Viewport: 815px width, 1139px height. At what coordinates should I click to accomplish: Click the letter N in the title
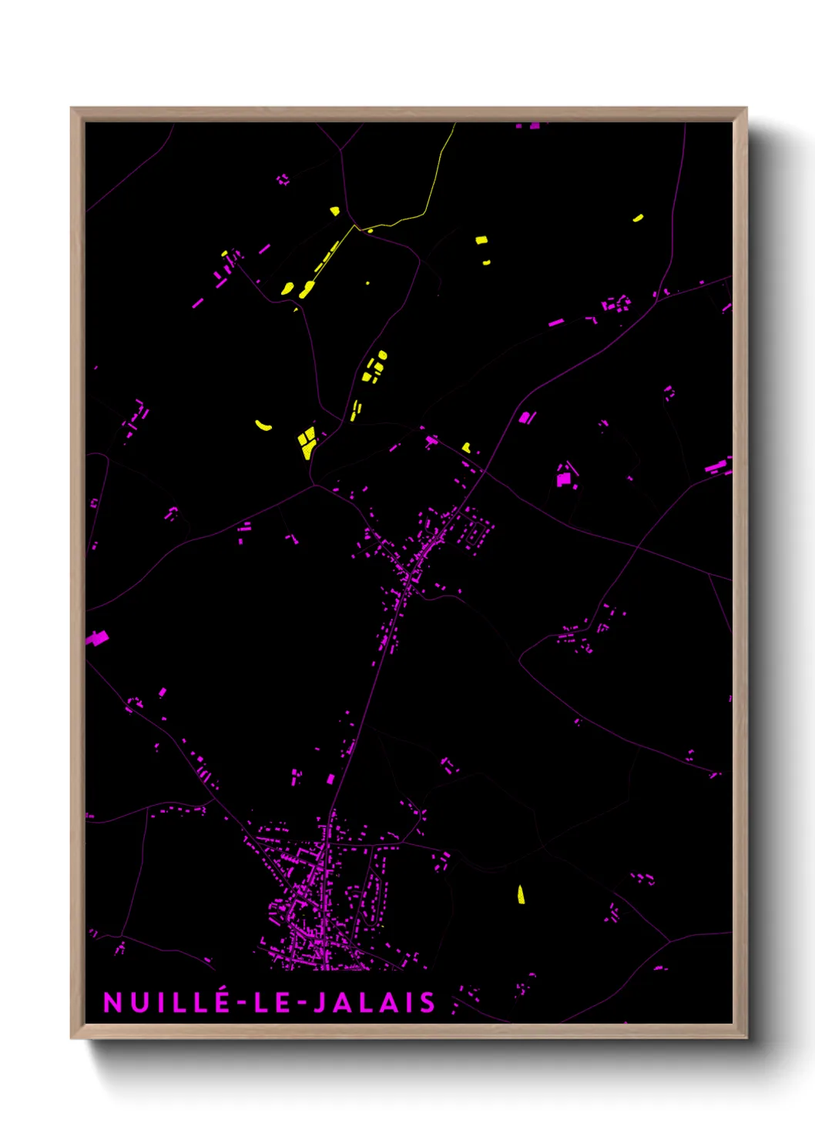112,1002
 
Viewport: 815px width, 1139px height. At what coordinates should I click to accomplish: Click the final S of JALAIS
427,1002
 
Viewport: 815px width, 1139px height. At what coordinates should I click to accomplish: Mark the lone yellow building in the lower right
521,894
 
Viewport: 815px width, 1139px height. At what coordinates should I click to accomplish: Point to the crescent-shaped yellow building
263,424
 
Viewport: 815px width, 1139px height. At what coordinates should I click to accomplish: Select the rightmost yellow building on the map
638,218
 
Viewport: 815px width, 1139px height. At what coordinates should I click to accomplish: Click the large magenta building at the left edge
97,638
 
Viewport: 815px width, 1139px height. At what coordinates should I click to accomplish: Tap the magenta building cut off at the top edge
534,125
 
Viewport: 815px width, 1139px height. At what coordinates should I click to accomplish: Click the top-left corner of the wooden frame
72,109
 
